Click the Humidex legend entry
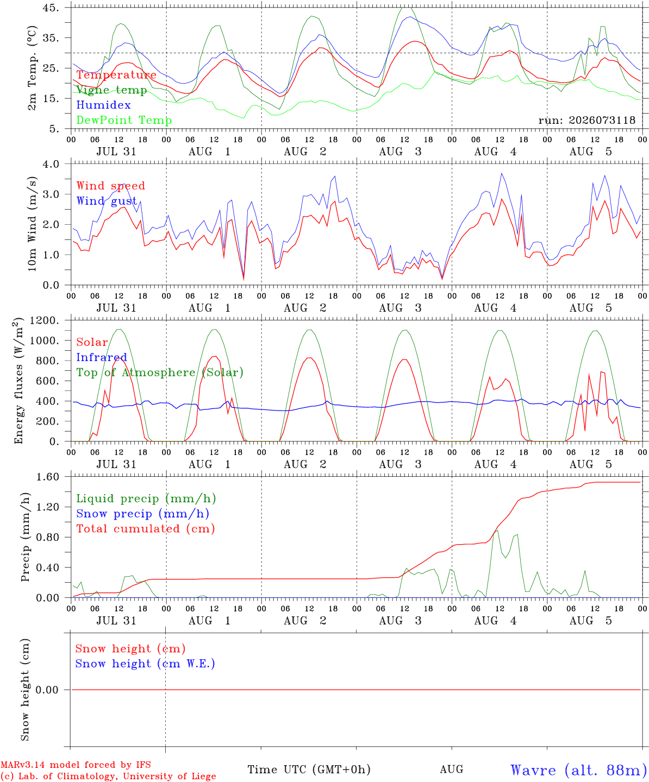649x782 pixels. (x=103, y=105)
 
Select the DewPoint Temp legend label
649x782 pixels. (x=124, y=120)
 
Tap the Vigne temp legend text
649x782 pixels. (x=111, y=90)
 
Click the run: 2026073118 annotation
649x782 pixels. (x=586, y=120)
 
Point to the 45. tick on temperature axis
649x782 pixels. (x=51, y=8)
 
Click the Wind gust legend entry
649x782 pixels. (x=107, y=201)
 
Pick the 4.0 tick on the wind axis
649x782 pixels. (x=51, y=164)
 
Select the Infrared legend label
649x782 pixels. (x=102, y=357)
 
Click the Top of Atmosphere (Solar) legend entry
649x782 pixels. (x=160, y=373)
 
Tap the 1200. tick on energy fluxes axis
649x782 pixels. (x=45, y=320)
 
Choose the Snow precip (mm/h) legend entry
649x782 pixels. (x=142, y=514)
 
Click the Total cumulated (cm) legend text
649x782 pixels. (x=146, y=529)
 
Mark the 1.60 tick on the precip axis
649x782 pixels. (x=48, y=477)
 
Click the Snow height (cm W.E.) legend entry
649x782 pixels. (x=145, y=664)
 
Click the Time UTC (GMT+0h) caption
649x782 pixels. (x=309, y=770)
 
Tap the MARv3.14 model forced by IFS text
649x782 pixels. (x=76, y=765)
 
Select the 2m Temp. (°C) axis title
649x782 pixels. (x=32, y=68)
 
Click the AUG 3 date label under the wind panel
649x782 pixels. (x=400, y=308)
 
